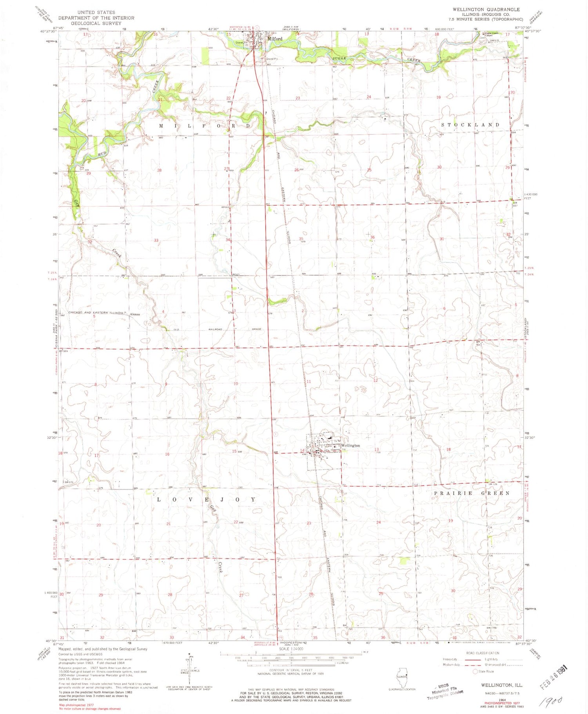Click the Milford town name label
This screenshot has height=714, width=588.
point(275,39)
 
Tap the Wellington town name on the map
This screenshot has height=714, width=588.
point(350,446)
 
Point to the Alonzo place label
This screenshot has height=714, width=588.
point(135,314)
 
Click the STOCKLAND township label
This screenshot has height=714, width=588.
point(470,125)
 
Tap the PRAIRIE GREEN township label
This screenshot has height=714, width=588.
point(472,493)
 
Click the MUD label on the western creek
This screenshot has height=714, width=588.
point(101,154)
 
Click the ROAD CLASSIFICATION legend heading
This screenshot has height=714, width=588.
point(483,653)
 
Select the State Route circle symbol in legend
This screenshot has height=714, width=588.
point(475,671)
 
